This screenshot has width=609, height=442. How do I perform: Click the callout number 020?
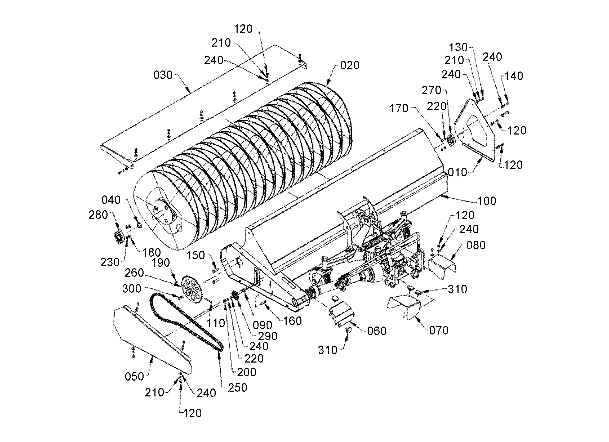pyautogui.click(x=350, y=65)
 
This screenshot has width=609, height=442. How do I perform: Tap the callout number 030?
pyautogui.click(x=163, y=75)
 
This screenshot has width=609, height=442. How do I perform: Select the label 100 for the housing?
pyautogui.click(x=487, y=201)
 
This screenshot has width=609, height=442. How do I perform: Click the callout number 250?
pyautogui.click(x=237, y=388)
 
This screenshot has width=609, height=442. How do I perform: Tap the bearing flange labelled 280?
pyautogui.click(x=118, y=237)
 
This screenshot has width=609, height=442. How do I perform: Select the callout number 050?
pyautogui.click(x=134, y=377)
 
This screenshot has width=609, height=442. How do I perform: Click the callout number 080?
pyautogui.click(x=476, y=245)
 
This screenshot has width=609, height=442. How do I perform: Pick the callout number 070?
pyautogui.click(x=439, y=330)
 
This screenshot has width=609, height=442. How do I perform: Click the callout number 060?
pyautogui.click(x=377, y=331)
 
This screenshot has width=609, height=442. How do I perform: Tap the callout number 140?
pyautogui.click(x=514, y=76)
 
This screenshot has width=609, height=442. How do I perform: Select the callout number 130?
pyautogui.click(x=458, y=47)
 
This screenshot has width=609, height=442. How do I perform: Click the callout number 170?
pyautogui.click(x=399, y=108)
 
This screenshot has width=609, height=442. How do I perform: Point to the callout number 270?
pyautogui.click(x=431, y=90)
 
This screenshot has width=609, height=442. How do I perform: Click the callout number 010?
pyautogui.click(x=457, y=172)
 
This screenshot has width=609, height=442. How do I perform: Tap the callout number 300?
pyautogui.click(x=132, y=289)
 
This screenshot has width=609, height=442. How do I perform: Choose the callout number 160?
pyautogui.click(x=292, y=321)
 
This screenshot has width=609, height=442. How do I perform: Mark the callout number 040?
pyautogui.click(x=111, y=200)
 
